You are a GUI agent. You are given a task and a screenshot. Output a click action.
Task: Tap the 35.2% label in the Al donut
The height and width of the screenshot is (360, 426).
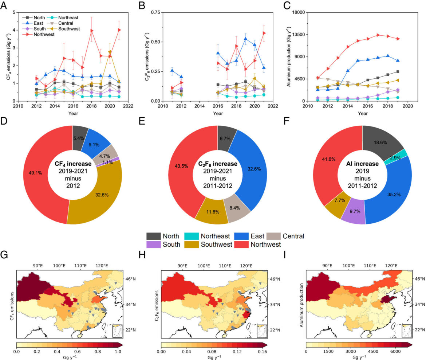click(x=393, y=195)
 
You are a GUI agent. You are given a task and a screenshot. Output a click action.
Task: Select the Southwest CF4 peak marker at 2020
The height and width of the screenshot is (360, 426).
click(x=110, y=52)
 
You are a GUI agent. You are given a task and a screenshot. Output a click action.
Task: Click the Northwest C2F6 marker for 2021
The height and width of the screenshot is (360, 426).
click(x=264, y=33)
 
